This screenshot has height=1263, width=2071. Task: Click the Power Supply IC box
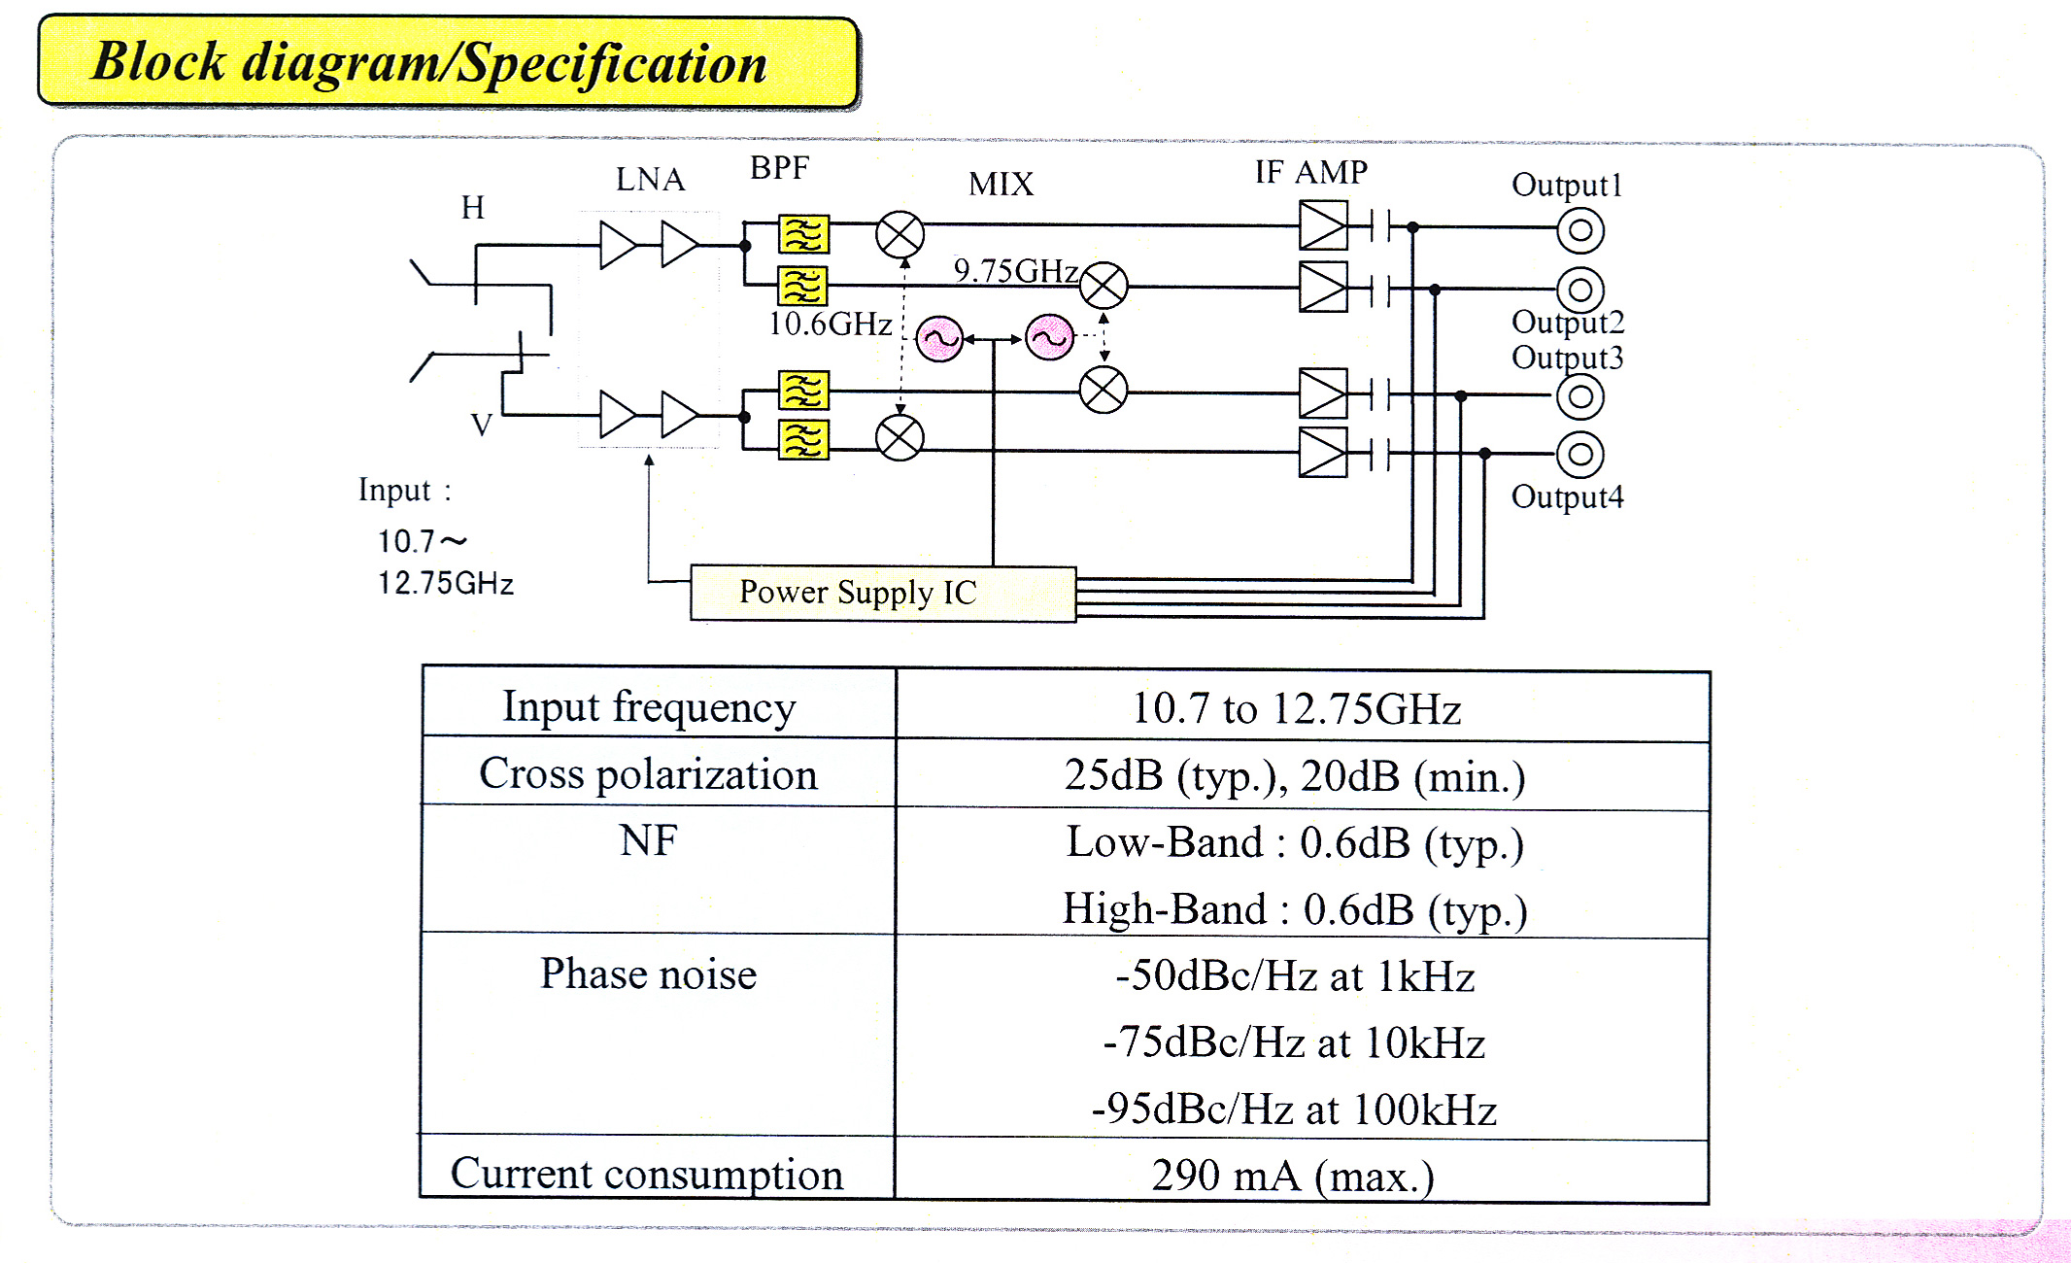[x=882, y=593]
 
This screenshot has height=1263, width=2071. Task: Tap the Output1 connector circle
[x=1580, y=230]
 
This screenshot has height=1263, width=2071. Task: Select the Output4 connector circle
[x=1580, y=454]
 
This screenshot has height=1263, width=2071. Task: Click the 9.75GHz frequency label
[x=1015, y=270]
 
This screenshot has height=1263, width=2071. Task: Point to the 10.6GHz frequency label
[x=830, y=324]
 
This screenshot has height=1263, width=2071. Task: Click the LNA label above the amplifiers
[x=650, y=180]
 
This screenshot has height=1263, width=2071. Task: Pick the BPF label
[x=779, y=168]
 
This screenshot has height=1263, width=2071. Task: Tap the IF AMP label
[x=1310, y=172]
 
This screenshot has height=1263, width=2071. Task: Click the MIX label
[x=1001, y=184]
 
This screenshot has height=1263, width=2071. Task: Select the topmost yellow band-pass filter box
[x=803, y=234]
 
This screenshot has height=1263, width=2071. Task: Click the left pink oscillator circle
[x=939, y=339]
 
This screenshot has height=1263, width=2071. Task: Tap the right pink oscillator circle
[x=1050, y=338]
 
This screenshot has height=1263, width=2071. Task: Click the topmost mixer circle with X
[x=900, y=234]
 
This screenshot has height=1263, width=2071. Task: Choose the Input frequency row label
[x=649, y=706]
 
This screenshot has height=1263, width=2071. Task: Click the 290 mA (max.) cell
[x=1293, y=1176]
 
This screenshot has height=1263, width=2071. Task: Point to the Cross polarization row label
[x=648, y=774]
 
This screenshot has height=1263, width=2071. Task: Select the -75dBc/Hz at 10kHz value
[x=1294, y=1042]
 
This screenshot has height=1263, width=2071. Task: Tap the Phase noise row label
[x=648, y=973]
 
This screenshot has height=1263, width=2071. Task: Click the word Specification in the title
[x=612, y=64]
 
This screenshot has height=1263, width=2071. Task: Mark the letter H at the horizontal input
[x=473, y=207]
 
